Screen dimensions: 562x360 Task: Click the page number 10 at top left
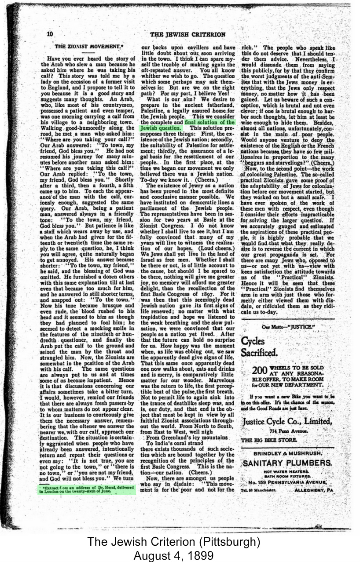click(x=50, y=34)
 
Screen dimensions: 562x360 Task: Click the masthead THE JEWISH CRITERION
click(x=187, y=34)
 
